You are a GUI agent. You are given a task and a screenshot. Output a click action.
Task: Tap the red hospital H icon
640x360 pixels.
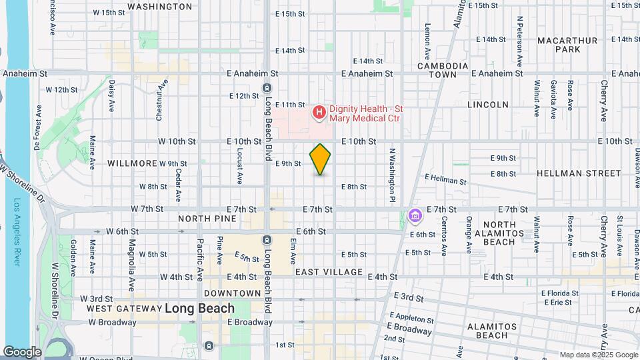pyautogui.click(x=319, y=113)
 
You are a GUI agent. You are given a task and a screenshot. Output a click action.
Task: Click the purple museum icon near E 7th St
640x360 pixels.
pyautogui.click(x=415, y=217)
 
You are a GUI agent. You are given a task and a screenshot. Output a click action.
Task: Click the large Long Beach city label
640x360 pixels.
pyautogui.click(x=199, y=308)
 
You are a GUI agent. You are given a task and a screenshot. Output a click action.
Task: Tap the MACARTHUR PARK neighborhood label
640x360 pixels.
pyautogui.click(x=567, y=45)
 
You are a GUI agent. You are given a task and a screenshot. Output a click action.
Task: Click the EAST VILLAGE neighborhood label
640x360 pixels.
pyautogui.click(x=329, y=272)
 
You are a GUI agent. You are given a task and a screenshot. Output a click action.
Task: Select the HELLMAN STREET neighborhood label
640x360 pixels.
pyautogui.click(x=579, y=173)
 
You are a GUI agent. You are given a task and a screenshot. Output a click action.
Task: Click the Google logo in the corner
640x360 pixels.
pyautogui.click(x=22, y=352)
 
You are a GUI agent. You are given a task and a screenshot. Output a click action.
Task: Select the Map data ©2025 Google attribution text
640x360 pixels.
pyautogui.click(x=597, y=355)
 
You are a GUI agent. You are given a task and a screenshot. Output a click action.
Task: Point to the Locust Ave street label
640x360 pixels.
pyautogui.click(x=239, y=167)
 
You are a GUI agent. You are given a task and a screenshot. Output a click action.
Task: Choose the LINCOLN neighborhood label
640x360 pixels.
pyautogui.click(x=488, y=105)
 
